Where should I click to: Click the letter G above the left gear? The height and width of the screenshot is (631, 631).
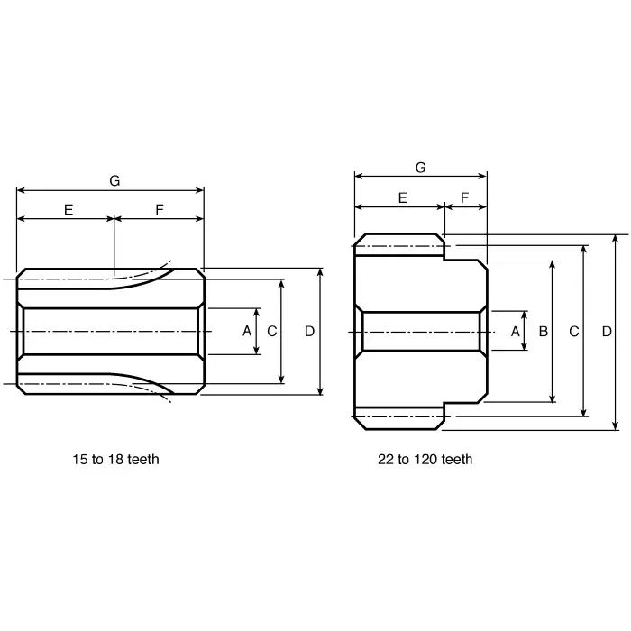(114, 181)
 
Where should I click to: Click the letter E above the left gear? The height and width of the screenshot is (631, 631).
(69, 209)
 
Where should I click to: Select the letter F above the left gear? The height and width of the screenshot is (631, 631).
(160, 209)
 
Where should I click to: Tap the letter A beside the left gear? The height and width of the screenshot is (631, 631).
(246, 331)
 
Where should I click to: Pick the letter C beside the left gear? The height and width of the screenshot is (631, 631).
(271, 331)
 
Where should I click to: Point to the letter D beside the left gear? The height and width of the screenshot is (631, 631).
(309, 331)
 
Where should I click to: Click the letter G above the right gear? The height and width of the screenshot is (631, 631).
(420, 168)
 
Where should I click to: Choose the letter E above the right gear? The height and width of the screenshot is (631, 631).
(402, 197)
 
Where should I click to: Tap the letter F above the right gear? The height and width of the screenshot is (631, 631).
(465, 197)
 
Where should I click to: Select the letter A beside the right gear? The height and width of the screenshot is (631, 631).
(515, 331)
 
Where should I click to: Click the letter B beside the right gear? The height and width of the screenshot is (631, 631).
(543, 331)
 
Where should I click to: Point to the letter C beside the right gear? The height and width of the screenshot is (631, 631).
(573, 331)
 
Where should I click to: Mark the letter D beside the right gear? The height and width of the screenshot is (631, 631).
(606, 331)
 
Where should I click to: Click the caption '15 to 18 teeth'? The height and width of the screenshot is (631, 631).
(115, 459)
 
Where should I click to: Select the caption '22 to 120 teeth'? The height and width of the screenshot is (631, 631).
(425, 459)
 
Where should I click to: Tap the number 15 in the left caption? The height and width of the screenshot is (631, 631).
(79, 459)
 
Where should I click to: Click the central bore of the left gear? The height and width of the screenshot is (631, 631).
(110, 331)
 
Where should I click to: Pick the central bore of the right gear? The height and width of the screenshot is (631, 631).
(420, 331)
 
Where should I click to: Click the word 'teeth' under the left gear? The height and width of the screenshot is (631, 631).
(142, 459)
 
